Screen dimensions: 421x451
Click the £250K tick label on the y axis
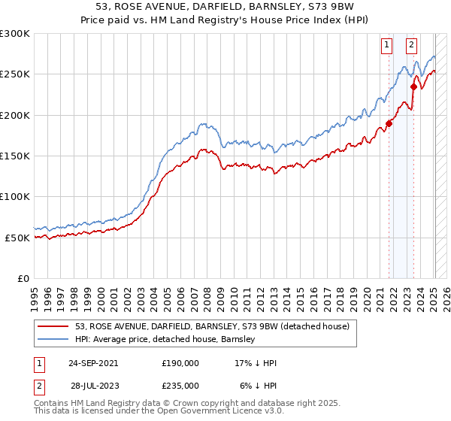pyautogui.click(x=15, y=74)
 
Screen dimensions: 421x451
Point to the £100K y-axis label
pyautogui.click(x=15, y=197)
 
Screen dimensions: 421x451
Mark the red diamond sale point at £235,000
pyautogui.click(x=413, y=87)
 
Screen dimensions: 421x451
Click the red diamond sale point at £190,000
pyautogui.click(x=389, y=123)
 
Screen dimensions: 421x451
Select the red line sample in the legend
pyautogui.click(x=53, y=326)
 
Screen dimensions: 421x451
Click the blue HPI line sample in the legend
pyautogui.click(x=53, y=339)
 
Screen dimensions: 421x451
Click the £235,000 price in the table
pyautogui.click(x=181, y=385)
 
